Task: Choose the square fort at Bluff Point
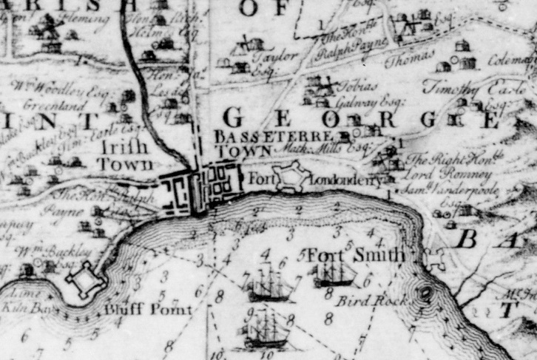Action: pos(84,283)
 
